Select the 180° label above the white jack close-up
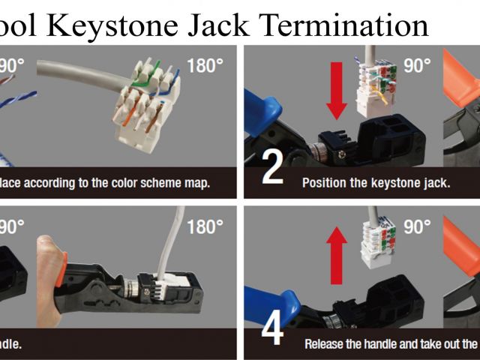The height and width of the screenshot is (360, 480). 205,64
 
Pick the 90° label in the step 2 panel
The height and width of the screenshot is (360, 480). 417,64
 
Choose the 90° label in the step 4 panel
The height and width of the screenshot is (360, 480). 417,226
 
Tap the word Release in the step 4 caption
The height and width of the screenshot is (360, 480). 328,343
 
